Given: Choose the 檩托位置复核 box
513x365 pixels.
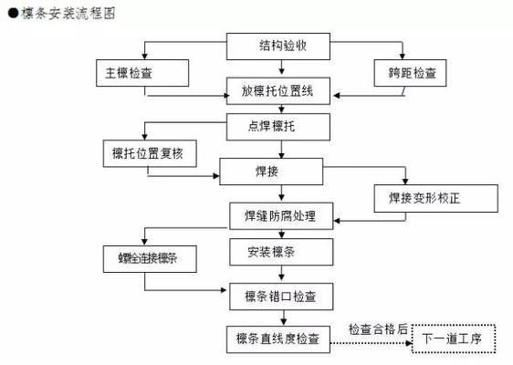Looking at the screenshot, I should pos(149,152).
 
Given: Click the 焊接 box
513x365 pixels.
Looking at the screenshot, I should pos(270,171).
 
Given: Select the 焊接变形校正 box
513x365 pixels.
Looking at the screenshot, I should pos(436,197).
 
